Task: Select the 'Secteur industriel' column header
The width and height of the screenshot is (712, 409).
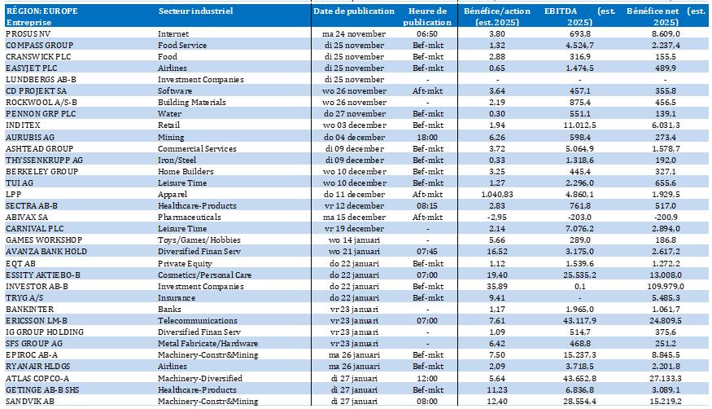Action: [x=194, y=11]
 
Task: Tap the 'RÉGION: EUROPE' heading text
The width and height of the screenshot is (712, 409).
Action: [x=40, y=11]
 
